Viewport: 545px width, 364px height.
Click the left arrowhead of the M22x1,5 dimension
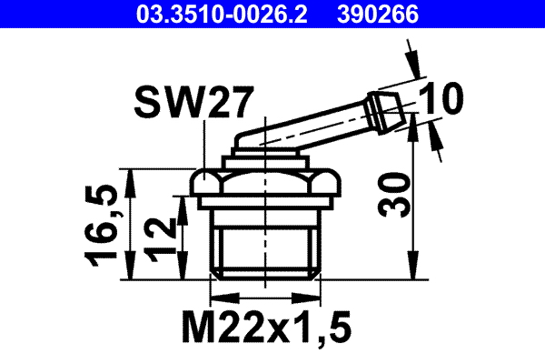point(219,297)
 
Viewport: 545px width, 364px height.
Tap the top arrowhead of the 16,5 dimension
point(133,176)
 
